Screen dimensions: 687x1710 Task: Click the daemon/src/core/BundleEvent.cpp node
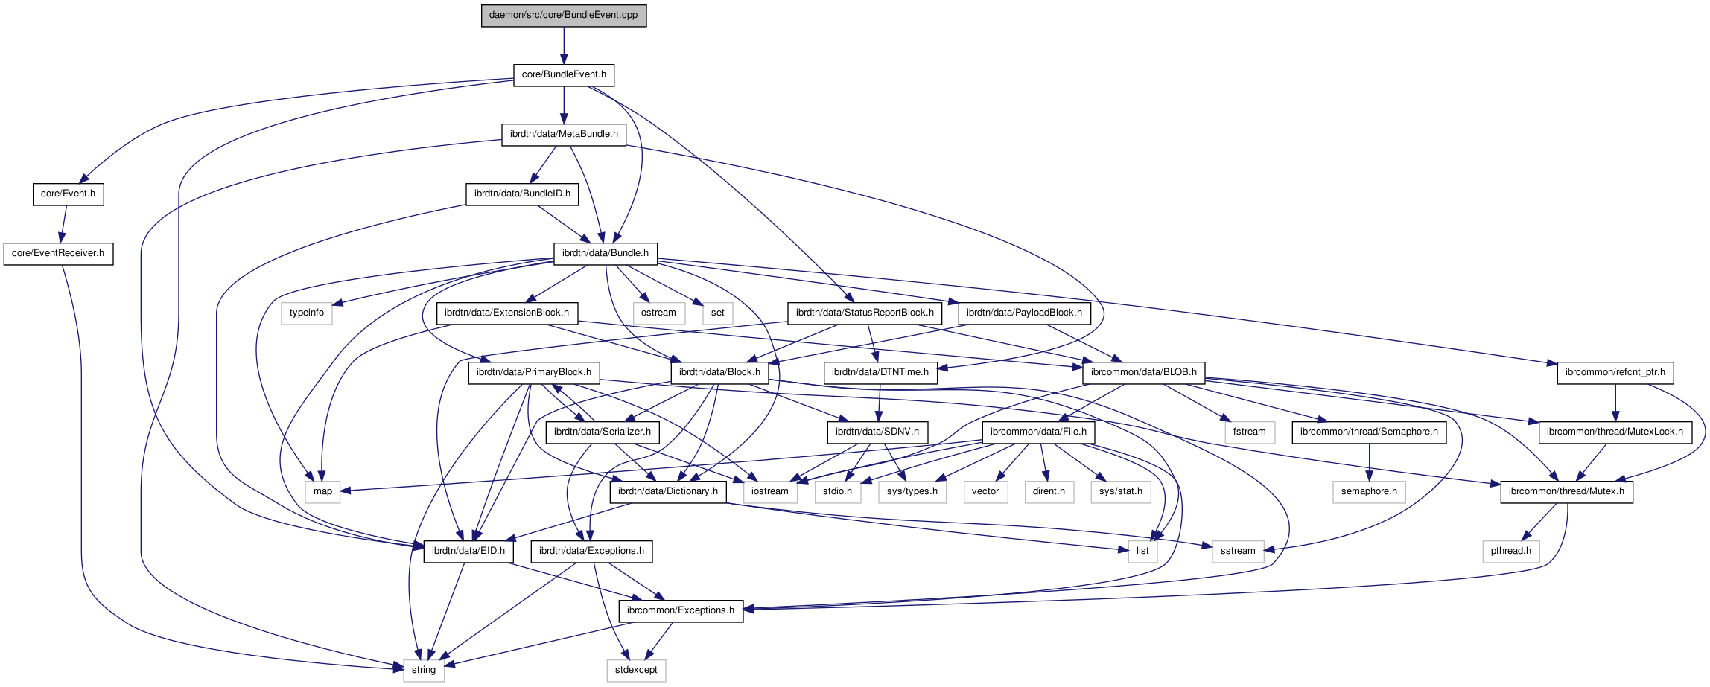(564, 16)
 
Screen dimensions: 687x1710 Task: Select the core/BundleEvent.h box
(564, 75)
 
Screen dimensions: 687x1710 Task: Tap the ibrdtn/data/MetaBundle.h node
(564, 135)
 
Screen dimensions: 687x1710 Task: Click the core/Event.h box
(68, 194)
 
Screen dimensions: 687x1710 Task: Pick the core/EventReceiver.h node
(58, 254)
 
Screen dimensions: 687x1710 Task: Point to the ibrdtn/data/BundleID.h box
(522, 194)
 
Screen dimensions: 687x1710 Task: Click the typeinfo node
(307, 313)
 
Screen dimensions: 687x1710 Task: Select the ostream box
(658, 313)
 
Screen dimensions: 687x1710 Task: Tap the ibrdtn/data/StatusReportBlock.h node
(864, 313)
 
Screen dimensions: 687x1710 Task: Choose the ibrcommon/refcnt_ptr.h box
(1615, 373)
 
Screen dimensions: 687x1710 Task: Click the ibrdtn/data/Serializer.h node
(602, 432)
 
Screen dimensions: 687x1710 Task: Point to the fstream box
(1249, 432)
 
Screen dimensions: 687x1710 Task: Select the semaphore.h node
(1369, 492)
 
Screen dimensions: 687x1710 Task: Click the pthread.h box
(1510, 552)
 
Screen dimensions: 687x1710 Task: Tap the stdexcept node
(636, 671)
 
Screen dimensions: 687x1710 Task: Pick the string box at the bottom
(423, 671)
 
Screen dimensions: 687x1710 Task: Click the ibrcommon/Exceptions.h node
(680, 611)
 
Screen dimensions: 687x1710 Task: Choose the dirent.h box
(1049, 492)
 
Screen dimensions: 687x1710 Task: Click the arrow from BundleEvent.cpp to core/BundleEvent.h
(564, 46)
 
